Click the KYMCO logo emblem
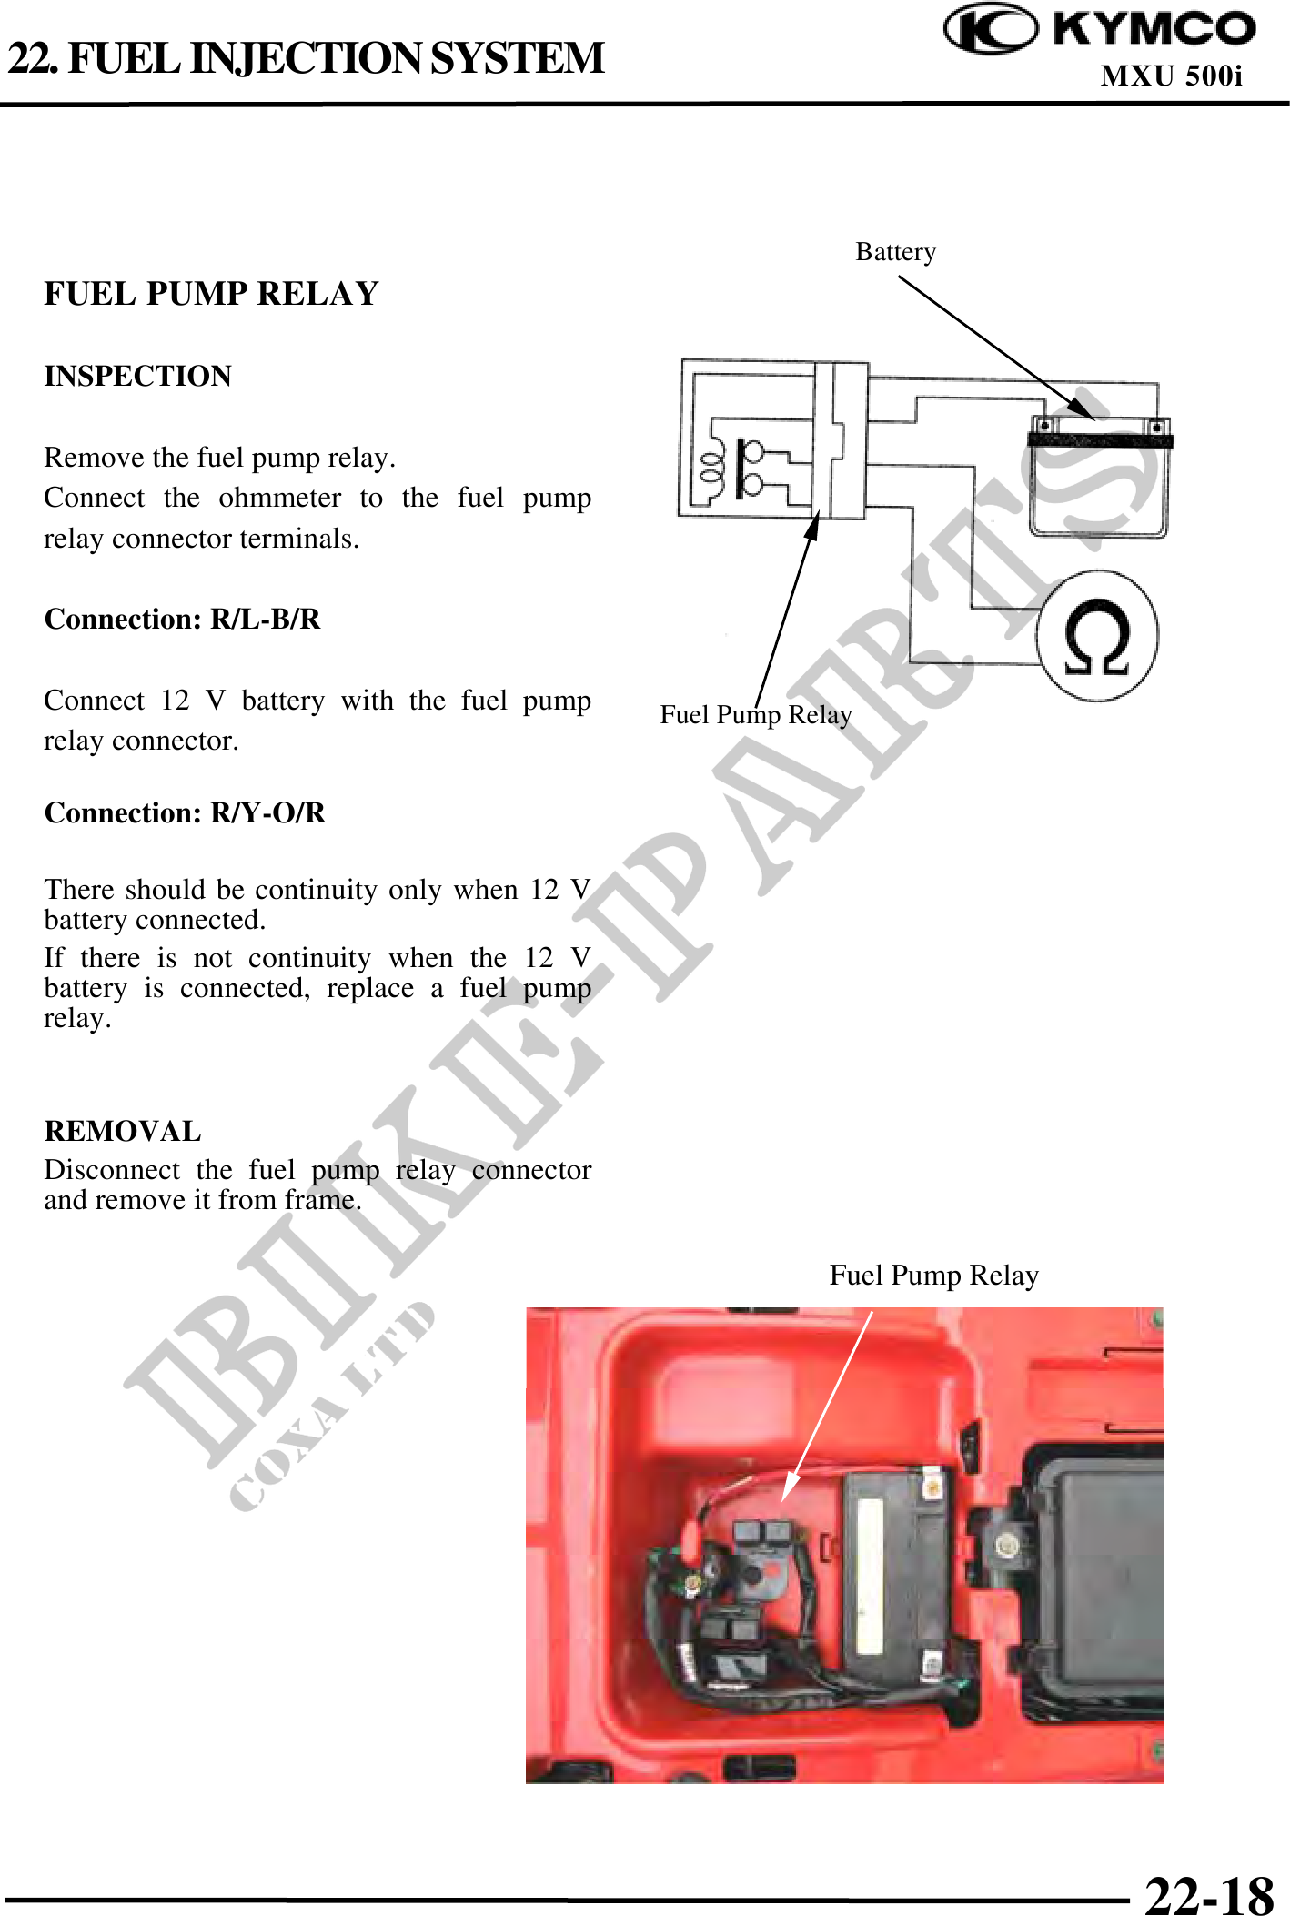tap(990, 29)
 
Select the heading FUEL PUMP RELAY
tap(211, 294)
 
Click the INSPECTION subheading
tap(138, 376)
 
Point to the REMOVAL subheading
tap(123, 1131)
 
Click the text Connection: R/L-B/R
tap(183, 619)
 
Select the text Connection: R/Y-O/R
tap(185, 812)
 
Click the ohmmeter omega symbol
tap(1097, 637)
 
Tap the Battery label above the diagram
tap(896, 252)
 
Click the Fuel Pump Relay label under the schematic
tap(756, 715)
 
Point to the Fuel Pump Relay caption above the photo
tap(934, 1276)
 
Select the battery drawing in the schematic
tap(1099, 476)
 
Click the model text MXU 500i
tap(1172, 76)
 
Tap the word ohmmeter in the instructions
tap(279, 498)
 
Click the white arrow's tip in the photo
tap(784, 1500)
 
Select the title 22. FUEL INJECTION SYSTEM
tap(306, 58)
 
